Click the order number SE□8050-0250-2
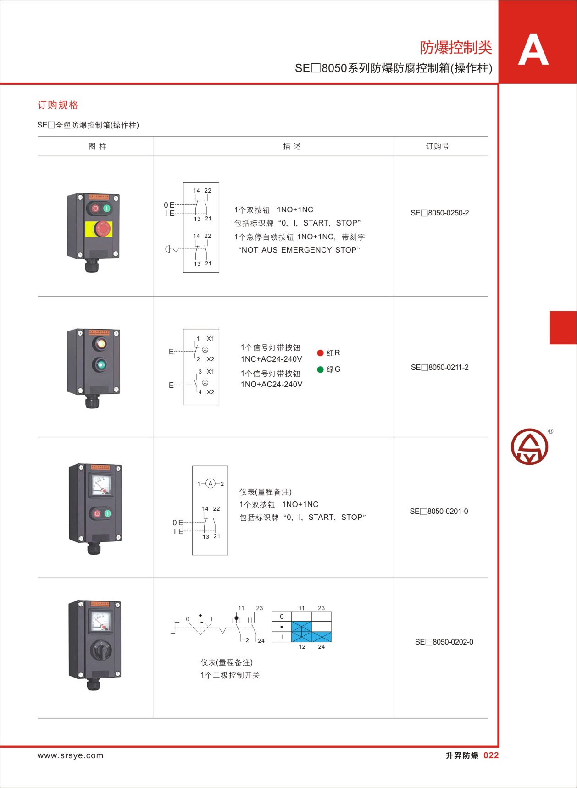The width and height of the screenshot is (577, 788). coord(439,213)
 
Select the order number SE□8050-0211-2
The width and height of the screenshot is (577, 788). coord(439,367)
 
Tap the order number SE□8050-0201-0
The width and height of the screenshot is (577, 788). coord(439,511)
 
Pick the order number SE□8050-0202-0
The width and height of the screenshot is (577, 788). coord(444,642)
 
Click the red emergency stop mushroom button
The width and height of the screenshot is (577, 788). coord(104,227)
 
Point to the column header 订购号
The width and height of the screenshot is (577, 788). coord(437,146)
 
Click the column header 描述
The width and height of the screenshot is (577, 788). coord(292,146)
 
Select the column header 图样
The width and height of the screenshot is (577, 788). coord(97,146)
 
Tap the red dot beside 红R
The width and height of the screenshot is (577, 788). coord(320,353)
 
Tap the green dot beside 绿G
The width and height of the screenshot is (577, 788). coord(320,369)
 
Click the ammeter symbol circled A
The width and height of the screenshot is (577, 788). coord(211,483)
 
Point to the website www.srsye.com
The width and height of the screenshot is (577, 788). coord(70,755)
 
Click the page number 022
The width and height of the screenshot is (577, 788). coord(491,755)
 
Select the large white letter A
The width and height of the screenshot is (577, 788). coord(533,50)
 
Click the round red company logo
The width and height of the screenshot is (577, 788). coord(529,446)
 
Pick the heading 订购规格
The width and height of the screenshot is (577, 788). coord(58,105)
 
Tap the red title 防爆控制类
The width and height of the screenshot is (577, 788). coord(456,47)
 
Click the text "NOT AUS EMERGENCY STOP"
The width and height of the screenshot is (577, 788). coord(299,250)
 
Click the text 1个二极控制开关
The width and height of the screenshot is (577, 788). coord(230,675)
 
